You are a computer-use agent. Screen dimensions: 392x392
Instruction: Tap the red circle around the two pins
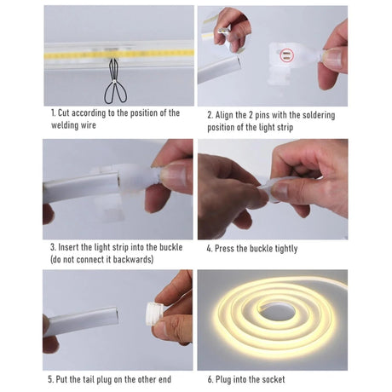click(x=286, y=55)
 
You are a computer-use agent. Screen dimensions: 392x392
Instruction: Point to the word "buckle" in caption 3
click(x=170, y=247)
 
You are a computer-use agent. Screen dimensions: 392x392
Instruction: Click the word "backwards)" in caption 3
click(x=133, y=259)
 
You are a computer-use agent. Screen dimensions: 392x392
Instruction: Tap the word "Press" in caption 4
click(x=224, y=249)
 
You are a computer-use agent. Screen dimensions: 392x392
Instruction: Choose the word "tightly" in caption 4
click(x=286, y=249)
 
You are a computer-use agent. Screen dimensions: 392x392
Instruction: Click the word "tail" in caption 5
click(x=89, y=379)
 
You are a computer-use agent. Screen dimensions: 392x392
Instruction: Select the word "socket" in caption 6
click(x=274, y=379)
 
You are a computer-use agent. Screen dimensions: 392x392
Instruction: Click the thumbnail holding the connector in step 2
click(x=334, y=58)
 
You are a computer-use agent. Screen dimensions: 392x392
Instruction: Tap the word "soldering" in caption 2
click(x=319, y=115)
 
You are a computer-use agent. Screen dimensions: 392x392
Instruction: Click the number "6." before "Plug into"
click(x=210, y=379)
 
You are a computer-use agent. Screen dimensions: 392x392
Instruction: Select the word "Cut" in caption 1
click(x=64, y=112)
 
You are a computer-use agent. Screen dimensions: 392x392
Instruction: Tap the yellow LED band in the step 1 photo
click(x=119, y=54)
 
